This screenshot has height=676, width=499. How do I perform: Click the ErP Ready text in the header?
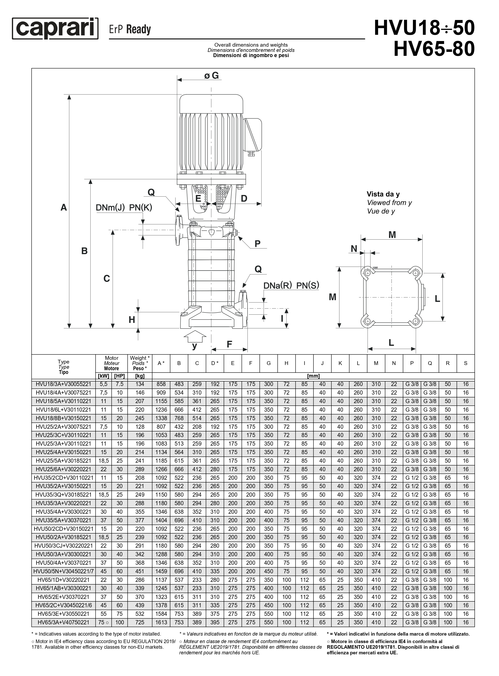point(130,30)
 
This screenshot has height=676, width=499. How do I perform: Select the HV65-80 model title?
point(434,49)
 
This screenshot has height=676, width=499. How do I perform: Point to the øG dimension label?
point(211,75)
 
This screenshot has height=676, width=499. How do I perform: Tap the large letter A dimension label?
point(64,207)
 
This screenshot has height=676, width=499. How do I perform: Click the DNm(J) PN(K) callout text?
point(124,207)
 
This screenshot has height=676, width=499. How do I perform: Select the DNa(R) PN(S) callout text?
point(291,285)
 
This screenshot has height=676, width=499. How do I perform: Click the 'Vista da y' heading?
point(383,194)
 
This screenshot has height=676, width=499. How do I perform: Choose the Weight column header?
point(140,363)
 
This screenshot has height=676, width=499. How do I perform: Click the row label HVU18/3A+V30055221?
point(63,384)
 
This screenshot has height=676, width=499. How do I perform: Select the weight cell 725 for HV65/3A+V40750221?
point(140,622)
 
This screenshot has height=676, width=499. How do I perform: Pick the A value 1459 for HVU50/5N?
point(161,571)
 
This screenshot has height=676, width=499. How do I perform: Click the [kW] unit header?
point(104,376)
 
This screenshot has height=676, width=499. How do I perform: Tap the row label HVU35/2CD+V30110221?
point(63,478)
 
